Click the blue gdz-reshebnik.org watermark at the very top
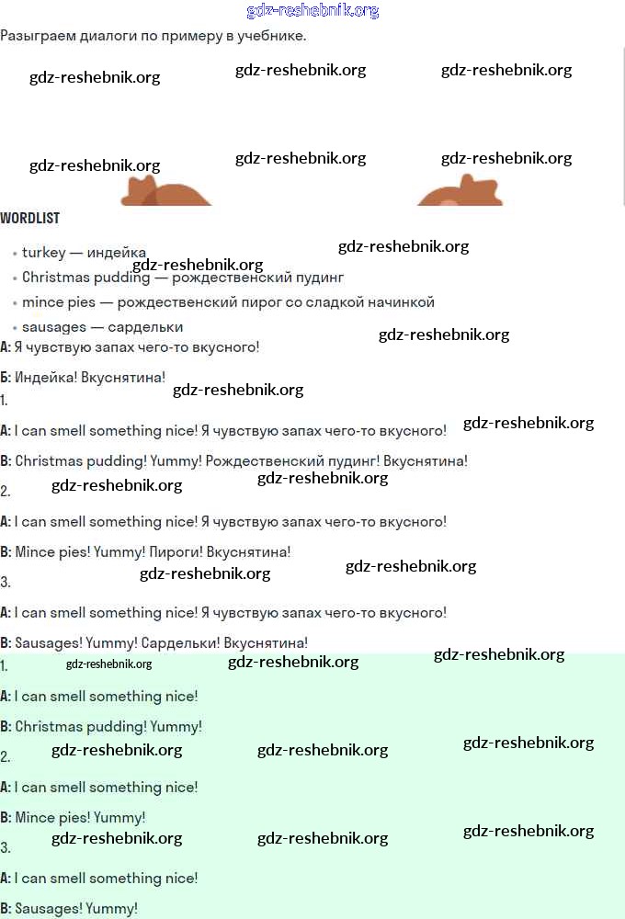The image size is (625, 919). point(312,11)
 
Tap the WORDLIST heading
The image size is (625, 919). point(29,219)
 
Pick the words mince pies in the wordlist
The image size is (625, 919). point(59,301)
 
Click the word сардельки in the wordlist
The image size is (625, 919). point(145,327)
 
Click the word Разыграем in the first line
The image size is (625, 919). point(36,36)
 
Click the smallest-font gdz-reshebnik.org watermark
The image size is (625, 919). point(108,664)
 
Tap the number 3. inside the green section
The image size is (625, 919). point(6,847)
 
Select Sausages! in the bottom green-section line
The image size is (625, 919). point(48,909)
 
